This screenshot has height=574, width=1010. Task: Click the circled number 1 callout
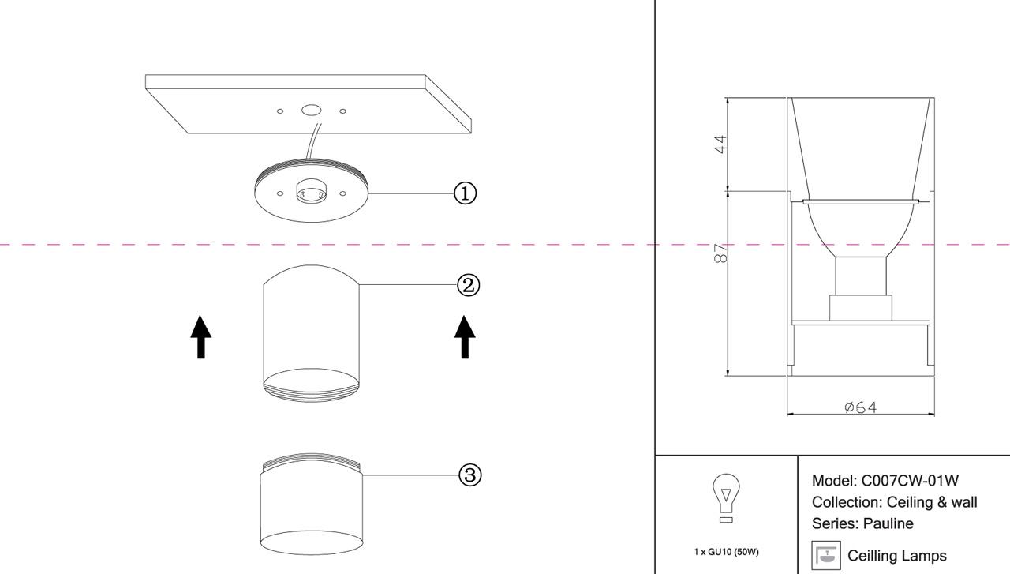[466, 193]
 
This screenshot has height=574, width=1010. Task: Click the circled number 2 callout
[469, 285]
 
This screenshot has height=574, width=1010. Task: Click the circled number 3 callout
[470, 475]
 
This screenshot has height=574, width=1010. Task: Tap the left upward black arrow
[201, 336]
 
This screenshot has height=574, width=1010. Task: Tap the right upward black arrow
[465, 336]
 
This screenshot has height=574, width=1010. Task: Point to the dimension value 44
[719, 144]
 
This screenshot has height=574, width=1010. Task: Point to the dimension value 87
[719, 253]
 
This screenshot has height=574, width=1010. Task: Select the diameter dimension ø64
[860, 407]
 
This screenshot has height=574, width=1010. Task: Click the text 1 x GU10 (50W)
[726, 552]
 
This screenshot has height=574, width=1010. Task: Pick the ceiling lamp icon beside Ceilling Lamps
[826, 555]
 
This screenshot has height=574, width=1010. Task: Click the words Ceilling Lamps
[897, 556]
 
